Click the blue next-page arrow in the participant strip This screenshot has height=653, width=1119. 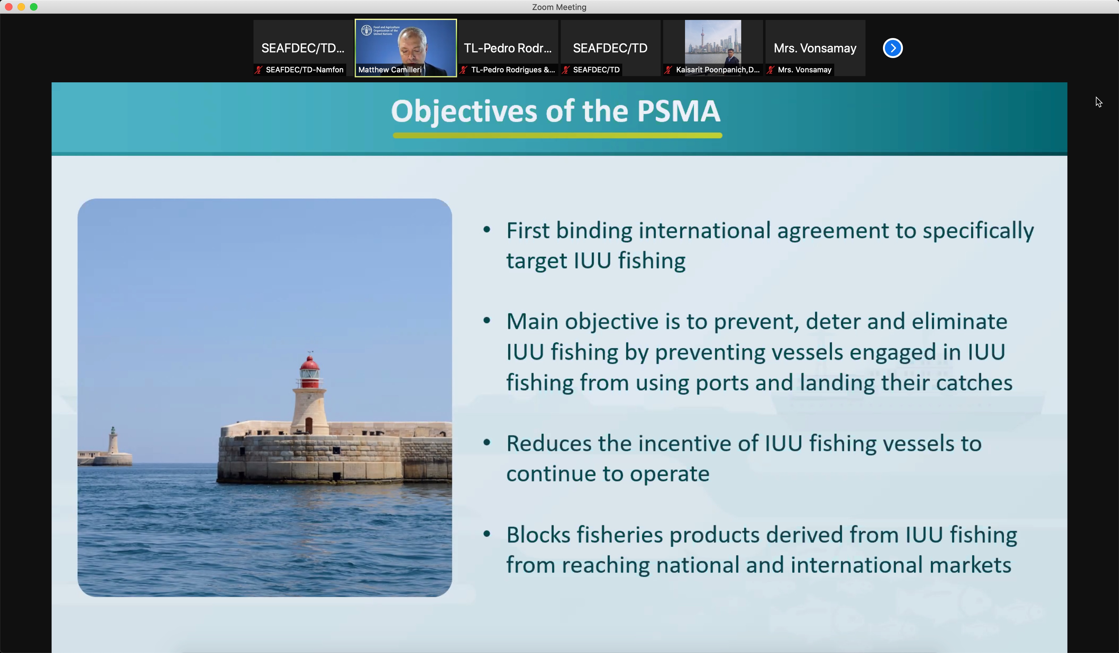pyautogui.click(x=893, y=48)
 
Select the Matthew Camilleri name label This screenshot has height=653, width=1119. pyautogui.click(x=390, y=70)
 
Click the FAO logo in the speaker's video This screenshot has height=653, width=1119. pyautogui.click(x=366, y=30)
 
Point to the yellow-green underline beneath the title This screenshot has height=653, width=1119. pyautogui.click(x=557, y=136)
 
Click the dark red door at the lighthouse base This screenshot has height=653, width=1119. pyautogui.click(x=308, y=425)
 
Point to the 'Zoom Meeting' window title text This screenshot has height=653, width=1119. pyautogui.click(x=559, y=7)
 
